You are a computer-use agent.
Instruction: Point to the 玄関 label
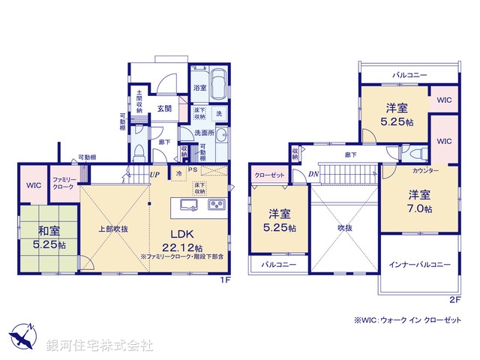point(166,107)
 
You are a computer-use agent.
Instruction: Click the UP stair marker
point(154,175)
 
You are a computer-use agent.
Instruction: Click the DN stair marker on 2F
point(313,174)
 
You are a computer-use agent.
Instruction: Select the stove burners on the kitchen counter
point(216,205)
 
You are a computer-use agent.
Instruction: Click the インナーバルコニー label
point(418,265)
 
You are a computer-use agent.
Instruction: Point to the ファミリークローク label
point(63,183)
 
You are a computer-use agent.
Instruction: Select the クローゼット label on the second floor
point(268,174)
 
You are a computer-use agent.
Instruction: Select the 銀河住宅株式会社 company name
point(100,345)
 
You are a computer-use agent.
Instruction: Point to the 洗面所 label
point(204,133)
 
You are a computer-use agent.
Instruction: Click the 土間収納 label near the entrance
point(139,102)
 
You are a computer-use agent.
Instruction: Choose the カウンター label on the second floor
point(424,170)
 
